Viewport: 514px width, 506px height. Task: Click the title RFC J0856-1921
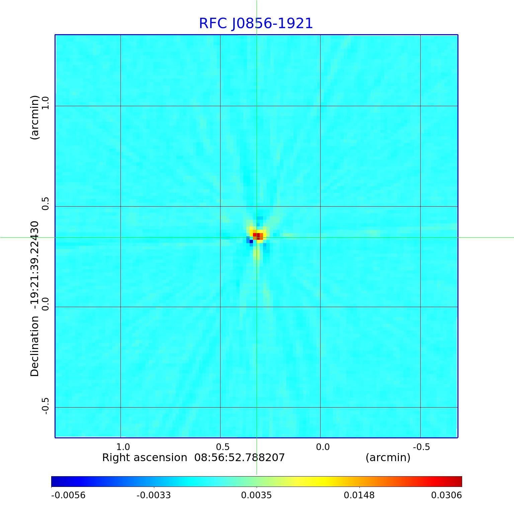[256, 23]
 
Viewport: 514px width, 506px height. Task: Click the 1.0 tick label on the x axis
[123, 447]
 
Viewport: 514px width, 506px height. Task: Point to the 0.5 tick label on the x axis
[223, 447]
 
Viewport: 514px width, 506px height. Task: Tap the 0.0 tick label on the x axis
[323, 447]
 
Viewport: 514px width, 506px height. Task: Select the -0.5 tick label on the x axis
[421, 447]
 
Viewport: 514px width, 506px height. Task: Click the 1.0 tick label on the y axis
[45, 102]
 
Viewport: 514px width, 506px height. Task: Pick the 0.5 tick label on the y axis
[45, 203]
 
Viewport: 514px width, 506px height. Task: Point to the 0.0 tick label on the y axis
[45, 303]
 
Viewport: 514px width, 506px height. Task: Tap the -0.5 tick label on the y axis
[45, 406]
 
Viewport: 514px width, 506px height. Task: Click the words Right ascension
[145, 457]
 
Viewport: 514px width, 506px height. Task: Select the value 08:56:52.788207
[240, 457]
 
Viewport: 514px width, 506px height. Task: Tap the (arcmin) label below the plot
[388, 457]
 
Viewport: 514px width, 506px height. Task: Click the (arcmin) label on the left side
[34, 117]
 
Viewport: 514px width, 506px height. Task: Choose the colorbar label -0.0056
[68, 495]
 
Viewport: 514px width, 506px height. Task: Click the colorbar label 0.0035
[256, 495]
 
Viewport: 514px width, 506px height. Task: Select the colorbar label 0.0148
[359, 495]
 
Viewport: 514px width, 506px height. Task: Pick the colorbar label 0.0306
[446, 495]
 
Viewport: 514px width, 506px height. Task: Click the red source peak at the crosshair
[258, 236]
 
